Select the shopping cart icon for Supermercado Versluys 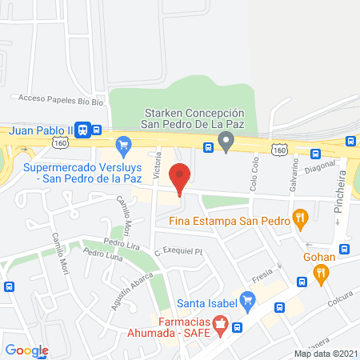click(122, 145)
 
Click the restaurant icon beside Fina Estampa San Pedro click(300, 216)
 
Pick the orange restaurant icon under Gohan click(322, 274)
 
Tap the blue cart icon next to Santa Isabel click(248, 302)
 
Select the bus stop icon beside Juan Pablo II click(95, 130)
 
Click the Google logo click(26, 350)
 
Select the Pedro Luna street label click(99, 254)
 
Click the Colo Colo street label click(255, 174)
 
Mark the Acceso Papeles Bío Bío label click(50, 99)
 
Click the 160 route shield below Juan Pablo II click(61, 142)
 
